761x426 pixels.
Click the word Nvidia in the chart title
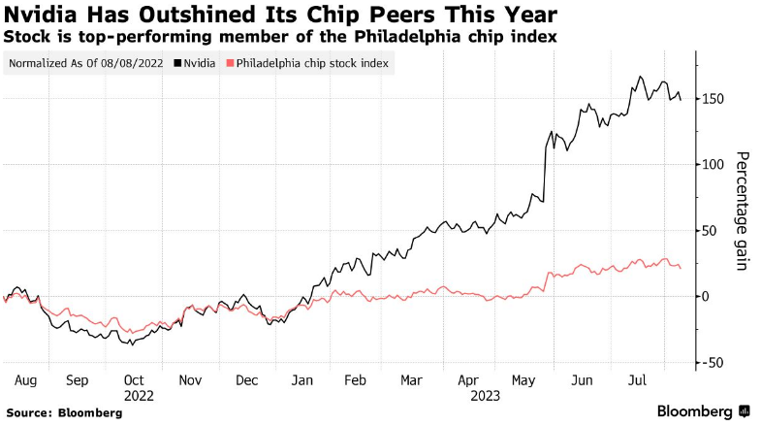point(40,15)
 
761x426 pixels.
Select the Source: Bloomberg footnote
point(64,412)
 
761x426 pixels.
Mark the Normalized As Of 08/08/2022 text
point(85,64)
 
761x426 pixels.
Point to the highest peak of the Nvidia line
point(641,77)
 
